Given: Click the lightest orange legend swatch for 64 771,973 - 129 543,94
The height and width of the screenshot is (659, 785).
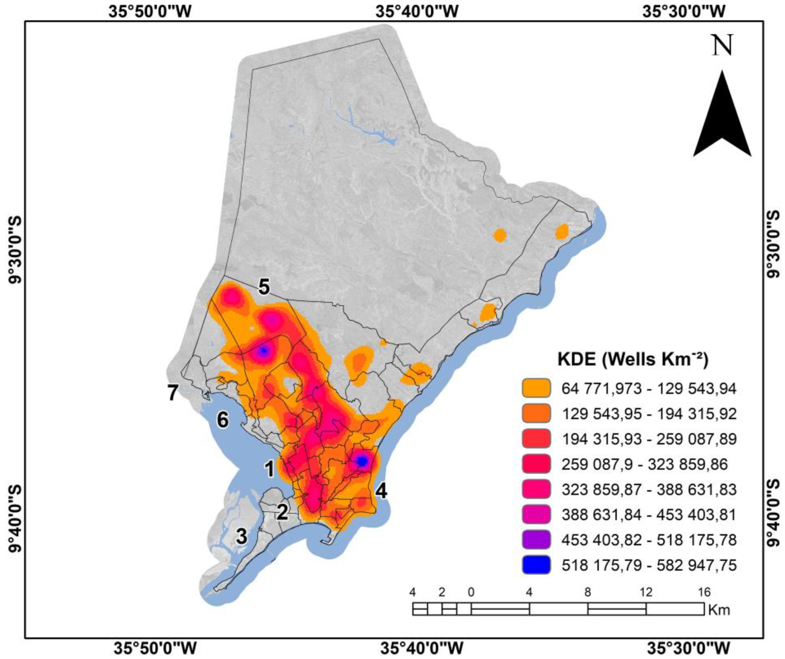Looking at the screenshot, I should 536,389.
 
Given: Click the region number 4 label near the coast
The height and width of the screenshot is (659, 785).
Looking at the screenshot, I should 382,491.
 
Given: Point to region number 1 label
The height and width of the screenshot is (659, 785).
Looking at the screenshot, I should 270,469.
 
